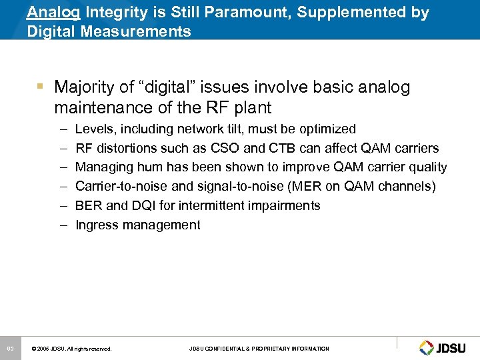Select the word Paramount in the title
pos(225,12)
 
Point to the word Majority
pos(84,87)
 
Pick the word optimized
pos(324,129)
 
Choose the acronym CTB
pos(280,148)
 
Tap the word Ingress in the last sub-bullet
pos(97,225)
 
